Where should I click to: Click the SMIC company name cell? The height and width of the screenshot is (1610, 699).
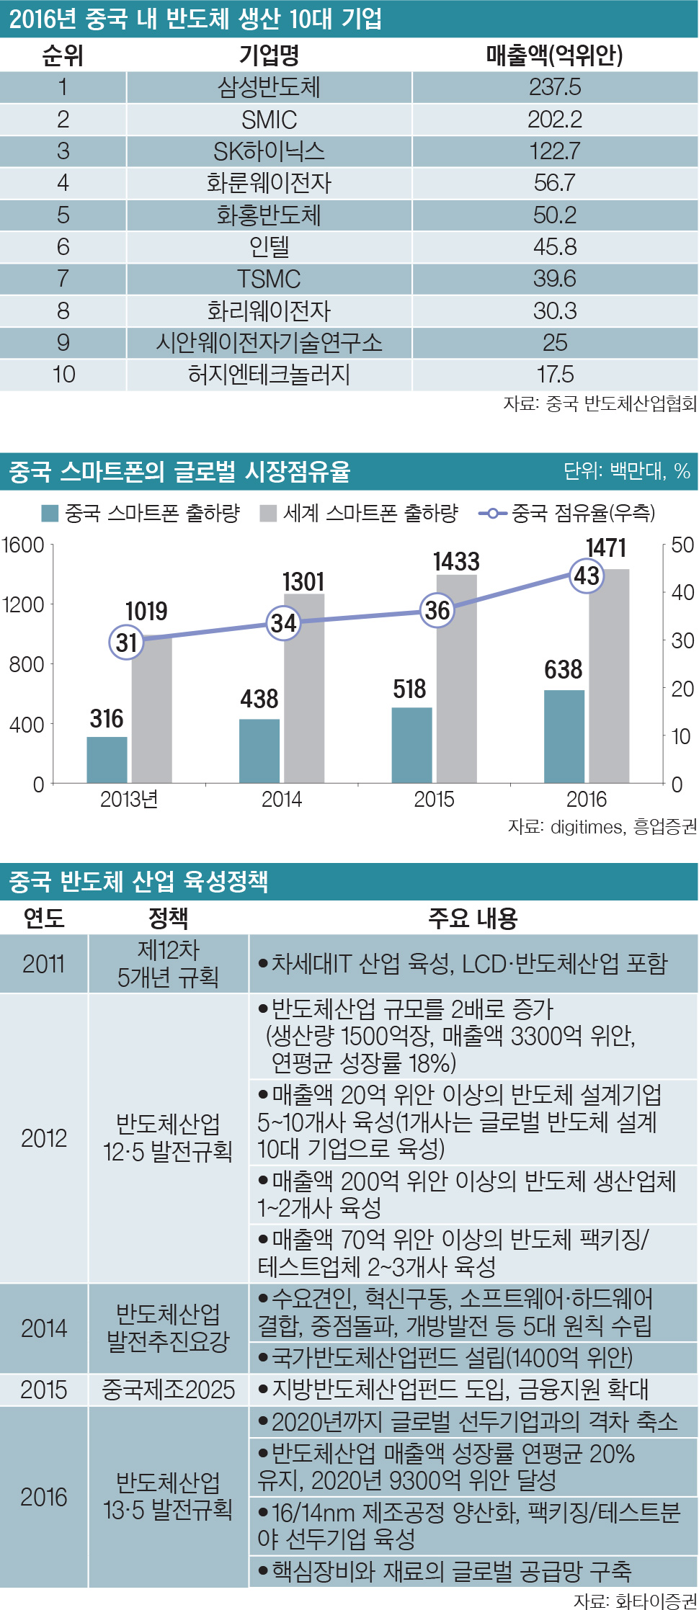(269, 120)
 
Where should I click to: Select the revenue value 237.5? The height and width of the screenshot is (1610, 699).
(555, 87)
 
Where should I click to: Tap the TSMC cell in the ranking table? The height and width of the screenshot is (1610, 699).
(269, 279)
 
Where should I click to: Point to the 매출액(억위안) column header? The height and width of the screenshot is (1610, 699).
(554, 55)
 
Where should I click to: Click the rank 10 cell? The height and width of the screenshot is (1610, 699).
(63, 375)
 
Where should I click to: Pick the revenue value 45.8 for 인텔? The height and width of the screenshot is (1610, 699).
(555, 247)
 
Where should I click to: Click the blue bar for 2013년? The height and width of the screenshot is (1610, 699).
(107, 759)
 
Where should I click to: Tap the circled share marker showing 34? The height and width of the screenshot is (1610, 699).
(284, 623)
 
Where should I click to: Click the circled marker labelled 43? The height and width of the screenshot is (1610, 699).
(586, 576)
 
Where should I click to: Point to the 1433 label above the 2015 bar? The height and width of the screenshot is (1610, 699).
(456, 562)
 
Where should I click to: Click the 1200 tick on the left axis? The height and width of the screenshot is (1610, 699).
(23, 604)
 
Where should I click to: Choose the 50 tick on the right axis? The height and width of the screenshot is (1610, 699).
(682, 545)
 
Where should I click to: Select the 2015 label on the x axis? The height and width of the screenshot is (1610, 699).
(434, 800)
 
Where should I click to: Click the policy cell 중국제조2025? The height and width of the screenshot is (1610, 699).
(169, 1390)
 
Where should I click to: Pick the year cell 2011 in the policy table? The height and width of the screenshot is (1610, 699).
(44, 964)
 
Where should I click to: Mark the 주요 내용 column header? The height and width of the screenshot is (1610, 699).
(473, 918)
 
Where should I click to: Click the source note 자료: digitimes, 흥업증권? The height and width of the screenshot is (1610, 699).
(602, 827)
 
